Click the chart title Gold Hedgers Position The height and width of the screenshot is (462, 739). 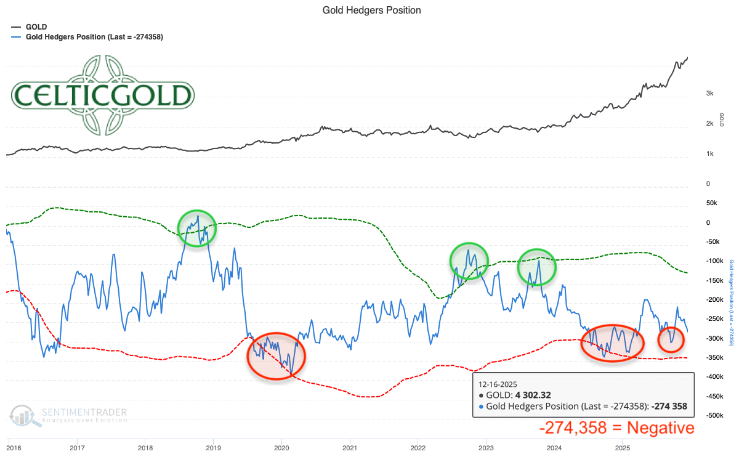[x=371, y=10]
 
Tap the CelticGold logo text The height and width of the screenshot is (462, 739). [x=103, y=95]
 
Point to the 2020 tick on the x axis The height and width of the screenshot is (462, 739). [x=281, y=446]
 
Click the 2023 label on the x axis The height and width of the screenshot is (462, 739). [x=486, y=446]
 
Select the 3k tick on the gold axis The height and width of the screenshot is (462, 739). [x=709, y=93]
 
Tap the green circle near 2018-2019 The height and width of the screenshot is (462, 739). [x=197, y=229]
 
